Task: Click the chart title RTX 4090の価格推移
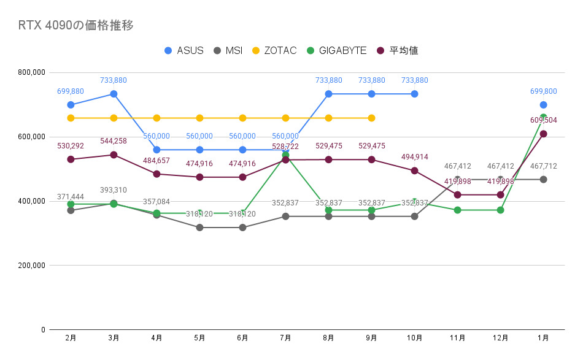(x=76, y=25)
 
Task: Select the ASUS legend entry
(x=184, y=50)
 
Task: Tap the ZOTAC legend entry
(x=274, y=50)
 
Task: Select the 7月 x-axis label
(x=285, y=338)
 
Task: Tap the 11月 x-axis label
(x=457, y=338)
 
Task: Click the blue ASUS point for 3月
(x=114, y=94)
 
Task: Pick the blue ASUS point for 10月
(x=414, y=94)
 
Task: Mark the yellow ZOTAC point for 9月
(x=371, y=118)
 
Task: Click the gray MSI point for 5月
(x=199, y=228)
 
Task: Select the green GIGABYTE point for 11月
(x=457, y=210)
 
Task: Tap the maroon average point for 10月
(x=414, y=170)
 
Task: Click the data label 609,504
(x=543, y=120)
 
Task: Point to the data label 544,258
(x=114, y=141)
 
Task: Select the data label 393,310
(x=114, y=190)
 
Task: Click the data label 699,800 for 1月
(x=543, y=91)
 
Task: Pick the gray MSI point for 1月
(x=543, y=179)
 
